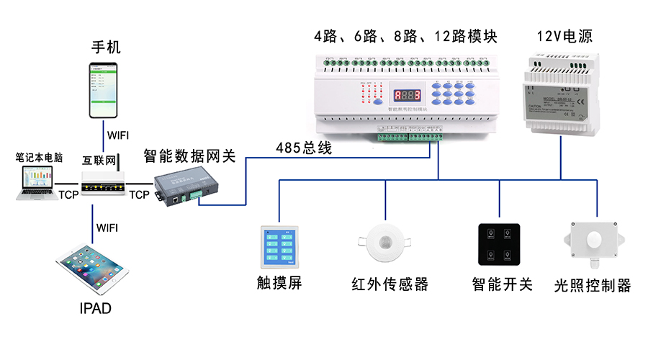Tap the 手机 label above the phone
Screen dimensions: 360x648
coord(106,48)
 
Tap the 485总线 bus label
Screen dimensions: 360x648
coord(303,148)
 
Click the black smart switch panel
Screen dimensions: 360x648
coord(499,245)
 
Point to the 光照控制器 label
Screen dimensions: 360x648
coord(593,286)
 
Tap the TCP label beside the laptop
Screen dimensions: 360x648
coord(69,195)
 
